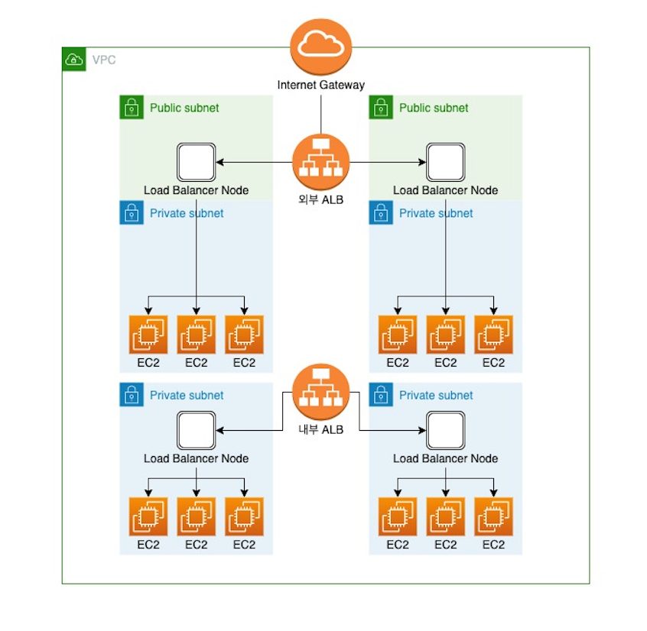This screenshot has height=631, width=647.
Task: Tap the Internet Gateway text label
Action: (x=321, y=85)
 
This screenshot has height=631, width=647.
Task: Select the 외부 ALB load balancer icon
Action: (x=320, y=163)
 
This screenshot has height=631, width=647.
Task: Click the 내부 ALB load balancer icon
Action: (x=320, y=392)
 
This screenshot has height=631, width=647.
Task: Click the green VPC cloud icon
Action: (x=73, y=60)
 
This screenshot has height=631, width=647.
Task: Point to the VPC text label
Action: (x=104, y=60)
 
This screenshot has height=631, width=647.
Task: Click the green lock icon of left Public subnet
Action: (x=132, y=108)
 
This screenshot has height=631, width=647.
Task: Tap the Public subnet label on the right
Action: (x=434, y=108)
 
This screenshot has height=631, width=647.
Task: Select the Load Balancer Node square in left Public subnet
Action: (x=196, y=163)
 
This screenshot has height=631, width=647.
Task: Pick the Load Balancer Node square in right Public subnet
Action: (x=445, y=163)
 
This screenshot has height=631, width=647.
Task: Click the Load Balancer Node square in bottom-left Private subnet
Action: (x=196, y=431)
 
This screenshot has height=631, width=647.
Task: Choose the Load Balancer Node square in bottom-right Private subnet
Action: (x=445, y=431)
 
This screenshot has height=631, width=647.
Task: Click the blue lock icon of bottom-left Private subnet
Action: (x=132, y=395)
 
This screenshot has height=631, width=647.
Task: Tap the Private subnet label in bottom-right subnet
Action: (x=436, y=395)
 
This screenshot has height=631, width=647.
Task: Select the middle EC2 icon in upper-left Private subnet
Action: (x=196, y=335)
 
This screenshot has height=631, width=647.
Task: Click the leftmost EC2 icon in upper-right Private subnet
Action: (x=398, y=335)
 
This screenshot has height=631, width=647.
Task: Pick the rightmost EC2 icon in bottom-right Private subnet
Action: (x=493, y=517)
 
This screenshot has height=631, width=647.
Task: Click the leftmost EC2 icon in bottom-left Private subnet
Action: (x=148, y=517)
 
